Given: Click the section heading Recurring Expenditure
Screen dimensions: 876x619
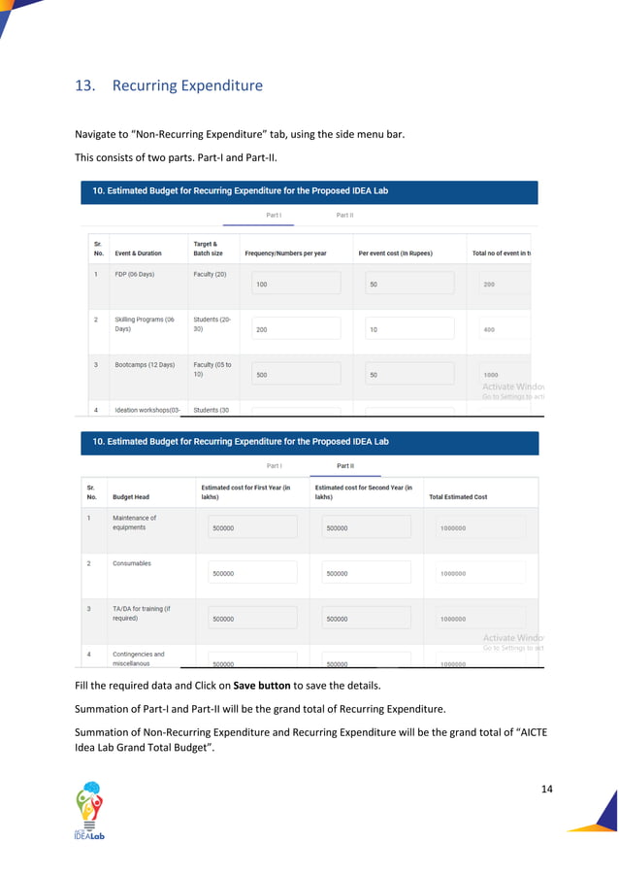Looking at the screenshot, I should click(x=187, y=85).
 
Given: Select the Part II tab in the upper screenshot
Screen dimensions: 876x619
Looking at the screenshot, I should click(x=344, y=215).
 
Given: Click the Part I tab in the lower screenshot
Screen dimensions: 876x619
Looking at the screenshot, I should click(x=274, y=465).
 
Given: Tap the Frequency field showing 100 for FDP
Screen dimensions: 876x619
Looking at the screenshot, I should click(x=296, y=284).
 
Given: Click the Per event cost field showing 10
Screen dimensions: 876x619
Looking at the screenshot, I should click(x=409, y=329).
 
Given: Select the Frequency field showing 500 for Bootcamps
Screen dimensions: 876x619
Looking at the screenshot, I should click(x=296, y=374).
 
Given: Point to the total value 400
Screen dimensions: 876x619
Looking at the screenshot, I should click(x=489, y=329).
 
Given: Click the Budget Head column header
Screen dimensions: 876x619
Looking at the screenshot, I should click(x=131, y=496).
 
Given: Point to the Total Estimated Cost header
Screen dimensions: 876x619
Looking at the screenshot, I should click(x=458, y=496).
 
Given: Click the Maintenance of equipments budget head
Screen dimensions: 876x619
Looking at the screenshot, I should click(x=134, y=522).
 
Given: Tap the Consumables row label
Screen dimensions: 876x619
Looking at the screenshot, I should click(x=131, y=563).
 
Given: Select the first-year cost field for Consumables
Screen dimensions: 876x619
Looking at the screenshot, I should click(x=252, y=573).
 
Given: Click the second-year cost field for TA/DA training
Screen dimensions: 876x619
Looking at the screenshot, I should click(x=365, y=618).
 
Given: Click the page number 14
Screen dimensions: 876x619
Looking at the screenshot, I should click(x=546, y=788).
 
